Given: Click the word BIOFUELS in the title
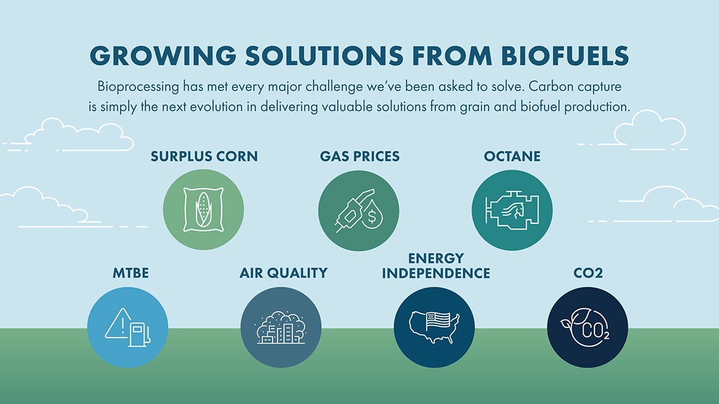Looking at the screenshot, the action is (x=565, y=56).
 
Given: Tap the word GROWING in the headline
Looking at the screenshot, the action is (x=163, y=56).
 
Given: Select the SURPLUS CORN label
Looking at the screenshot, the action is (x=204, y=156).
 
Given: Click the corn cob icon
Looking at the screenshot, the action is (x=203, y=209).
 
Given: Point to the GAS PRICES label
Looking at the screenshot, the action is (x=359, y=156).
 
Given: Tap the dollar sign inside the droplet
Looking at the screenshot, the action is (x=371, y=216).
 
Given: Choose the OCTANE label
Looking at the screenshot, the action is (x=512, y=156).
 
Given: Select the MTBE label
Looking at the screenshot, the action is (x=131, y=273).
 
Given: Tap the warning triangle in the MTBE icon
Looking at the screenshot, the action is (x=118, y=323).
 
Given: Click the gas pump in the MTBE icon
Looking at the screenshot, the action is (x=139, y=334).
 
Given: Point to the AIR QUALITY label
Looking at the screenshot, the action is (x=283, y=273).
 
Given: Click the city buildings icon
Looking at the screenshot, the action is (x=281, y=328).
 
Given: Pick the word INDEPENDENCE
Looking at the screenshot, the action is (x=436, y=274).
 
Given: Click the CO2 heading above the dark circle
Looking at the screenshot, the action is (x=588, y=273).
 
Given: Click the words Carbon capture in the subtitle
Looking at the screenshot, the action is (x=575, y=87).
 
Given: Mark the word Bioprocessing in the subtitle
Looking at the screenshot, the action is (x=138, y=87).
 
